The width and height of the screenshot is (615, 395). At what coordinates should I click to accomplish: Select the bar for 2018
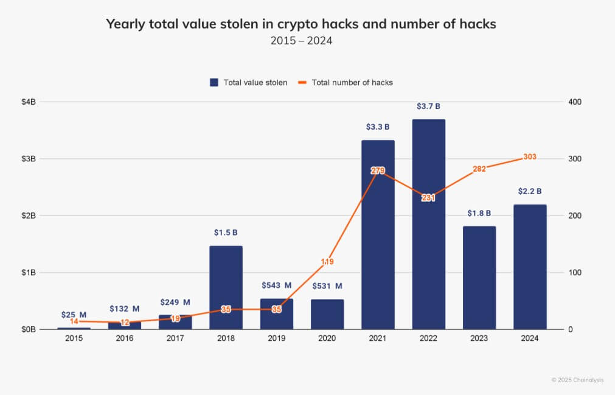[226, 287]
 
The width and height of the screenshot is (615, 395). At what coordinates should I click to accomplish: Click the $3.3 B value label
[377, 127]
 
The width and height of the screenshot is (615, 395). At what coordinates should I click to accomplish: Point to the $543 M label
[277, 285]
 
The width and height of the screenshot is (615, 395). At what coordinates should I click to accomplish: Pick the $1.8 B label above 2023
[479, 214]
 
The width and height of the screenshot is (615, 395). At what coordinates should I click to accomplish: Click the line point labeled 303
[529, 157]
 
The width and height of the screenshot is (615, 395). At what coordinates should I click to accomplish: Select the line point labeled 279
[378, 170]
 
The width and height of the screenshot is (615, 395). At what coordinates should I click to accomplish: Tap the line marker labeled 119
[327, 262]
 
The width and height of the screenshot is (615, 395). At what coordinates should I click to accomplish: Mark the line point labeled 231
[428, 198]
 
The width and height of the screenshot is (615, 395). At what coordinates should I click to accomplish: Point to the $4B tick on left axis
[29, 102]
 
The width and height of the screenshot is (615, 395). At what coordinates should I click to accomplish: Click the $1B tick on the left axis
[29, 273]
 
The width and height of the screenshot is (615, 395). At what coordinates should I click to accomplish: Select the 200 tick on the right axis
[575, 216]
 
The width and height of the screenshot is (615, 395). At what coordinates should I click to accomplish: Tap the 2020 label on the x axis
[327, 338]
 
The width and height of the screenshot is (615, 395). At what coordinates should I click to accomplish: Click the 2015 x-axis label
[74, 338]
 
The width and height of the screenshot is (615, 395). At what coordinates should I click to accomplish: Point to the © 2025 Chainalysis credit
[577, 380]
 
